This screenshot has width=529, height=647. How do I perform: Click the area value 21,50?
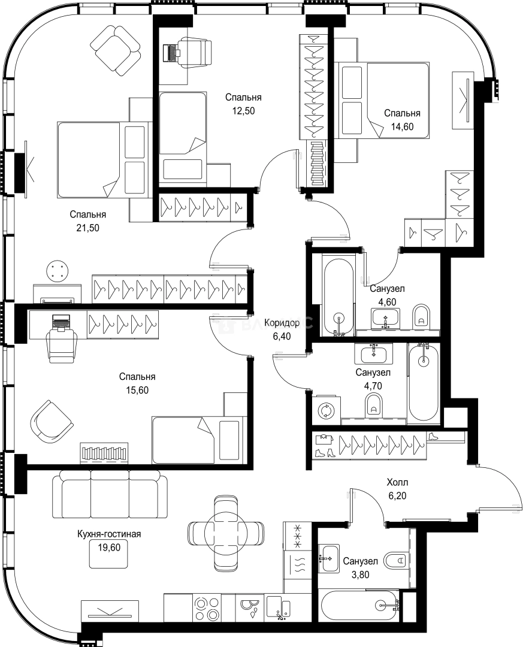tap(88, 228)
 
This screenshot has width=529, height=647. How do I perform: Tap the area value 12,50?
tap(243, 111)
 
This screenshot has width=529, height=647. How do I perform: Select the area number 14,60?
tap(403, 126)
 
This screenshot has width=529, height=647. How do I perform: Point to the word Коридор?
tap(282, 323)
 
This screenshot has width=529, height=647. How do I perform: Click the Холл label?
tap(397, 482)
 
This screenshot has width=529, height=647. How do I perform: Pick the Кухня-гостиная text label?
tap(110, 534)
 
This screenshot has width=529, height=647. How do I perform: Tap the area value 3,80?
tap(360, 575)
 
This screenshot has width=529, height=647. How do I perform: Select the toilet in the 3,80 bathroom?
tap(395, 560)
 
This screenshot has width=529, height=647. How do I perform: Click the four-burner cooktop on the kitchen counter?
tap(207, 609)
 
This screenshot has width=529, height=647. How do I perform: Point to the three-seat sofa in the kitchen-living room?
tap(110, 494)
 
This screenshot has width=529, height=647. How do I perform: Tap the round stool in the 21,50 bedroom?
tap(57, 271)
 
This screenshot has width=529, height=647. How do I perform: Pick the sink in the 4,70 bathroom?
tap(374, 353)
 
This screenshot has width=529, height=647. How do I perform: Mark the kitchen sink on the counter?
tap(278, 609)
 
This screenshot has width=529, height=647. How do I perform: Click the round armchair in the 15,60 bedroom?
tap(51, 422)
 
